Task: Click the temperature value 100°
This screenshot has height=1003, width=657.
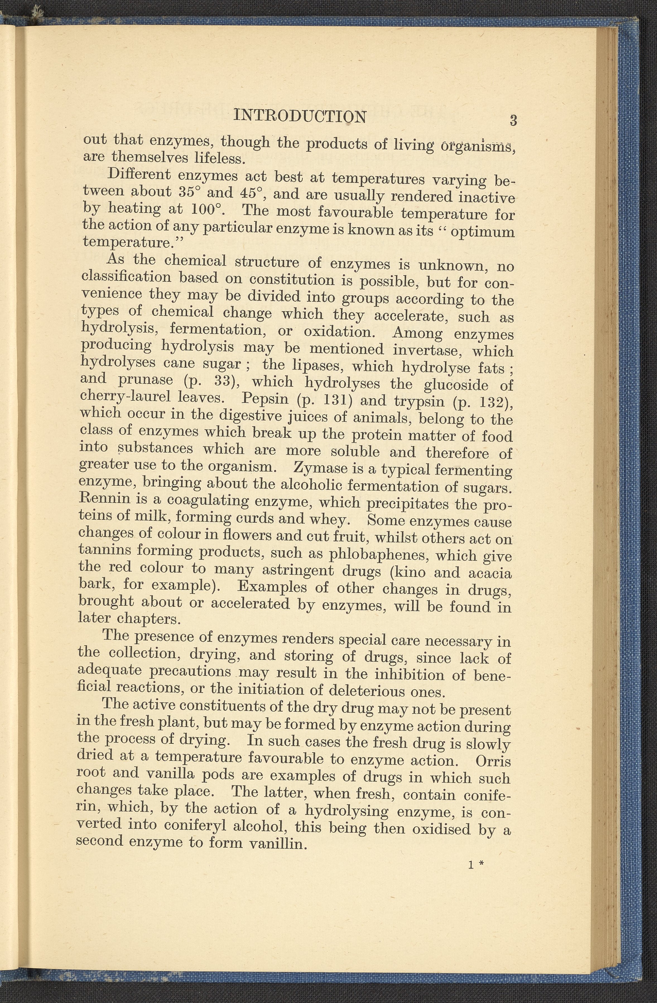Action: pos(207,209)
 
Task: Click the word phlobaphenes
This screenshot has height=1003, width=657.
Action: pos(377,554)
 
